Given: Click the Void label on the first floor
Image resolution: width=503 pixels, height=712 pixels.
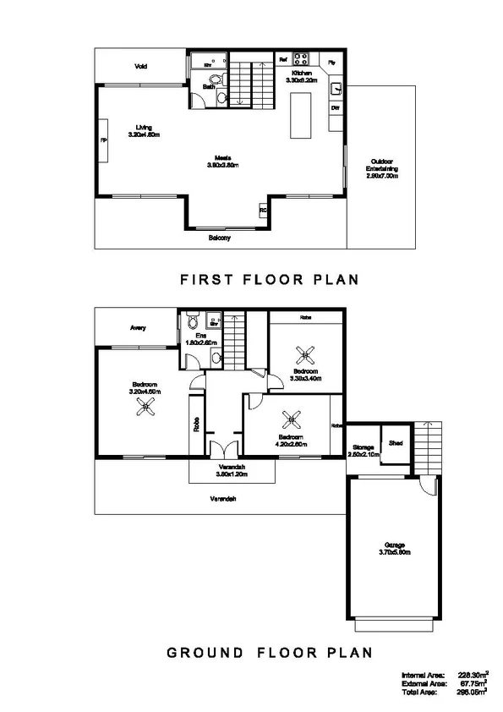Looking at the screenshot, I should pyautogui.click(x=140, y=66).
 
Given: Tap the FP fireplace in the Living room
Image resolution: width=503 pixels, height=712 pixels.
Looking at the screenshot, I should pyautogui.click(x=104, y=140).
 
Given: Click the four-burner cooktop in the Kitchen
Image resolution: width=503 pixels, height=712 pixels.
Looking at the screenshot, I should pyautogui.click(x=303, y=59).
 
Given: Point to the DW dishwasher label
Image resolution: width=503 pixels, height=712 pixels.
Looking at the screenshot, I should pyautogui.click(x=335, y=108).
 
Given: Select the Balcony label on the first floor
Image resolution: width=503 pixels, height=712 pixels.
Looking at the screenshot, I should pyautogui.click(x=220, y=238).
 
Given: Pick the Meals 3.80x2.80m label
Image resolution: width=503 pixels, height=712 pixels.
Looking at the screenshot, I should pyautogui.click(x=223, y=162).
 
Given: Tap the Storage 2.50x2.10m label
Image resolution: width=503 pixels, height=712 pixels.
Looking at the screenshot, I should pyautogui.click(x=364, y=451).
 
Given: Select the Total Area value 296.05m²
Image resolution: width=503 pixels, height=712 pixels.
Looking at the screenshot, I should pyautogui.click(x=473, y=691).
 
